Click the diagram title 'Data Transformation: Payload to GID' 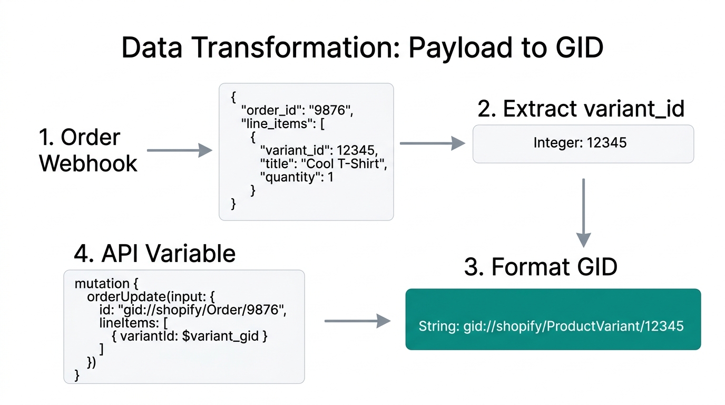click(362, 48)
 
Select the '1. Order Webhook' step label click(88, 150)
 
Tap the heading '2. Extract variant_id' click(581, 109)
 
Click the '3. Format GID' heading click(541, 267)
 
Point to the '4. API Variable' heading click(154, 254)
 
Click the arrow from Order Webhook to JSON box click(179, 151)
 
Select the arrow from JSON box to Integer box click(432, 143)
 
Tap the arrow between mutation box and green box click(357, 321)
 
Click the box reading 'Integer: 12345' click(583, 143)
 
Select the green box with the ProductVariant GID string click(553, 319)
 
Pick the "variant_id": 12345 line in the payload click(319, 150)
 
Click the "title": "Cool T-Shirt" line click(324, 163)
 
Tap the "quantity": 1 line click(297, 177)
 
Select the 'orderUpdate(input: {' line click(150, 296)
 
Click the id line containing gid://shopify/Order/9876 click(192, 310)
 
